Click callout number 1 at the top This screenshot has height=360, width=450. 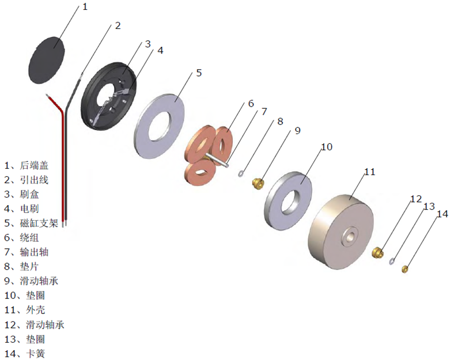85,7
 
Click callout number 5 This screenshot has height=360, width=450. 199,73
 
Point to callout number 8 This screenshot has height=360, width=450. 281,122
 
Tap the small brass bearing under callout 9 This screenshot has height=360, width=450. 259,184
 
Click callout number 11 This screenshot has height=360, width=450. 369,172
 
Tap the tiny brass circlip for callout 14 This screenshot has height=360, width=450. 405,268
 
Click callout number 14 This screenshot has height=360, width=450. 442,214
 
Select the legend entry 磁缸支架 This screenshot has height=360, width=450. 41,223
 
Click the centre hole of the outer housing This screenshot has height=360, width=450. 349,237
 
